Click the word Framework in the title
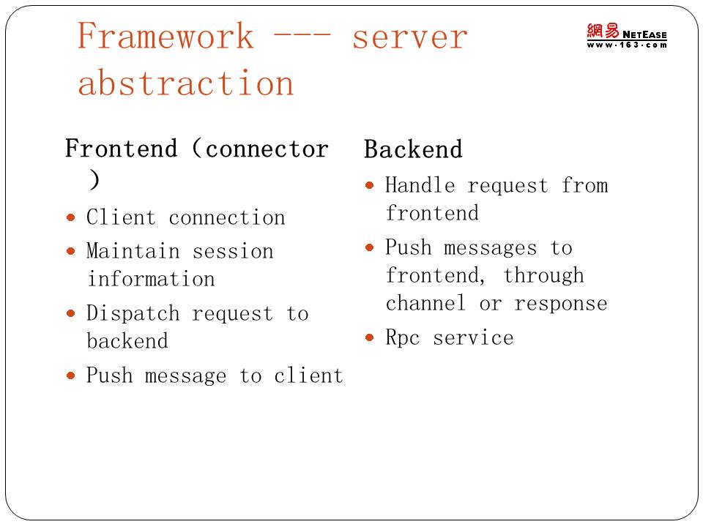[165, 36]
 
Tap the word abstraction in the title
[185, 83]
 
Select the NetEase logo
[627, 35]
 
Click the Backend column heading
[413, 149]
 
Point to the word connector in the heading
[267, 149]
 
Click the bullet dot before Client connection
[70, 218]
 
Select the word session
[233, 251]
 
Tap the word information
[151, 279]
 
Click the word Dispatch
[133, 313]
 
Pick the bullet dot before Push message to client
[70, 375]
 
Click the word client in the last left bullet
[308, 375]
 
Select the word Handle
[420, 185]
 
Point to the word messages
[490, 249]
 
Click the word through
[543, 276]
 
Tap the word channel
[425, 303]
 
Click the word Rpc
[403, 338]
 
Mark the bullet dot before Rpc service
[369, 337]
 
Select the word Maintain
[133, 251]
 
